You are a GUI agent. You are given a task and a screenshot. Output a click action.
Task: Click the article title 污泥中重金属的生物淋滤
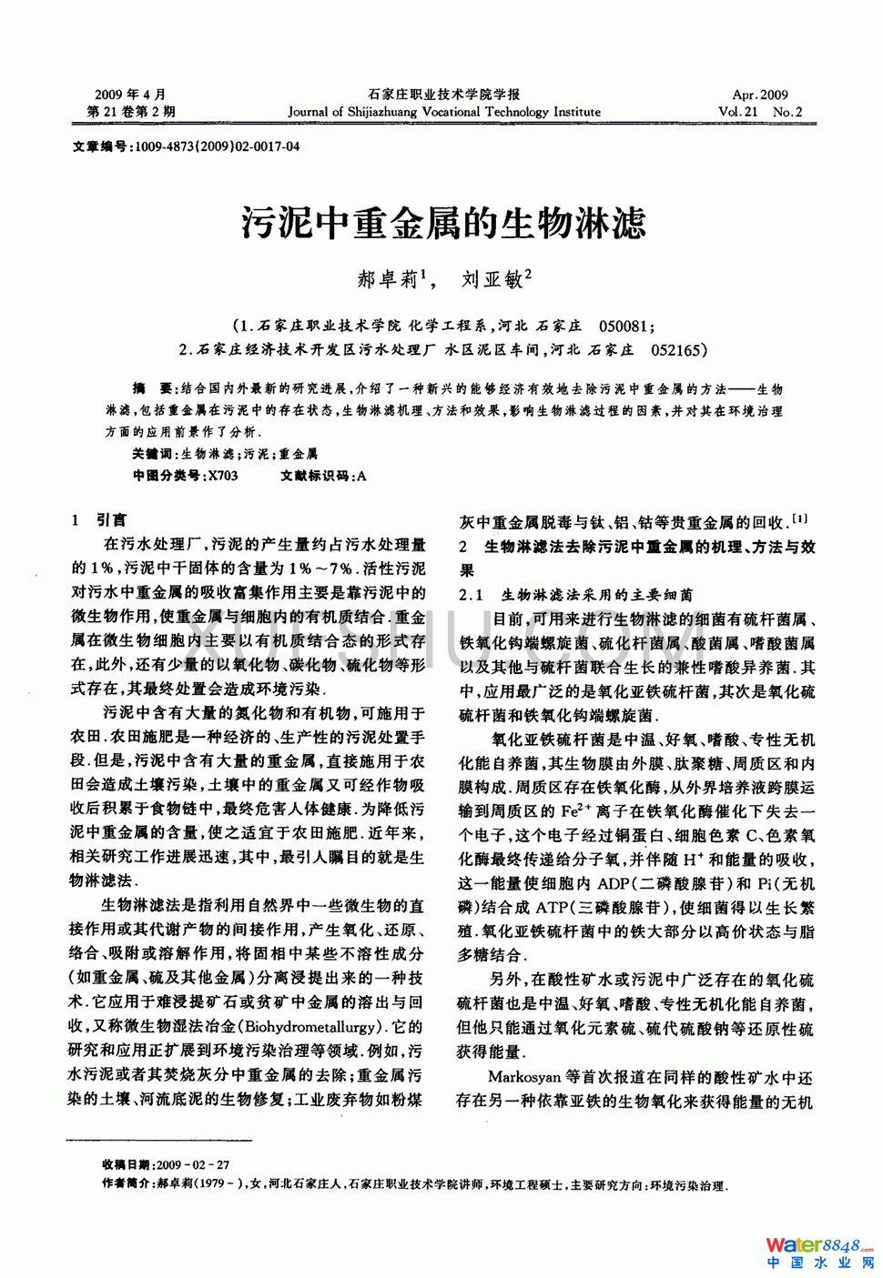[x=443, y=223]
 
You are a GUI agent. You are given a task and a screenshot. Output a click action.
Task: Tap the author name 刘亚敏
[x=492, y=279]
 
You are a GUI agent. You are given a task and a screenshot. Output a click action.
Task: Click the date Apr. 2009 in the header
[x=760, y=95]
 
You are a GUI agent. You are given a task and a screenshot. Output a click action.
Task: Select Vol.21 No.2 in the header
[x=760, y=112]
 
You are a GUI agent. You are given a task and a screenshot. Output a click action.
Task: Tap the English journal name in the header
[x=444, y=112]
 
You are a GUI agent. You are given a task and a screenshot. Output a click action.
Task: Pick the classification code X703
[x=223, y=475]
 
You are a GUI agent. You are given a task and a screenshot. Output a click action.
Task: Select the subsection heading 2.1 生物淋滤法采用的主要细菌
[x=575, y=595]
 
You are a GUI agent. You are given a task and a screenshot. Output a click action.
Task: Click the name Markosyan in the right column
[x=524, y=1077]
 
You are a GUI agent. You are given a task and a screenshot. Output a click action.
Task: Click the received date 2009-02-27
[x=193, y=1164]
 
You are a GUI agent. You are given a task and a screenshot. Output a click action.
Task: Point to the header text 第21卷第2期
[x=131, y=112]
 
